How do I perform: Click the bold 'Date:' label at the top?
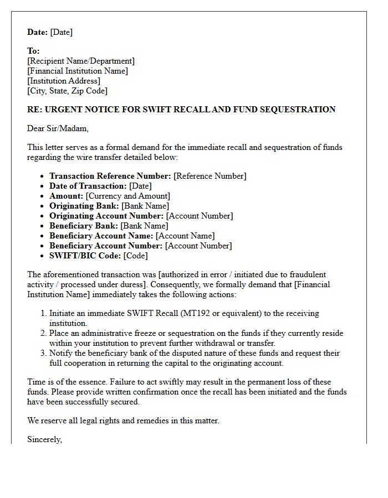pos(38,32)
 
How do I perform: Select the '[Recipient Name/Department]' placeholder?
pos(81,61)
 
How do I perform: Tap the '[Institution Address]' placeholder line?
pos(64,81)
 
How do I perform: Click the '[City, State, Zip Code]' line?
pos(67,91)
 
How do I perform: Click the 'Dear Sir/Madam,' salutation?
pos(58,128)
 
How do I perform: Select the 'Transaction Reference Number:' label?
pos(110,176)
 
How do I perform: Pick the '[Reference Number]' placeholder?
pos(210,176)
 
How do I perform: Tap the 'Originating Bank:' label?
pos(84,206)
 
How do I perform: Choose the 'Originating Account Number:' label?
pos(106,216)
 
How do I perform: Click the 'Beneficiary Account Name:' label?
pos(101,236)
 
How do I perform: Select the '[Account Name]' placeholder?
pos(185,236)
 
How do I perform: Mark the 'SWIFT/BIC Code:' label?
pos(85,256)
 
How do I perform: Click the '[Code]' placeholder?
pos(136,256)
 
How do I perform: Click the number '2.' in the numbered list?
pos(43,333)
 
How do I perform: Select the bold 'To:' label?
pos(33,51)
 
